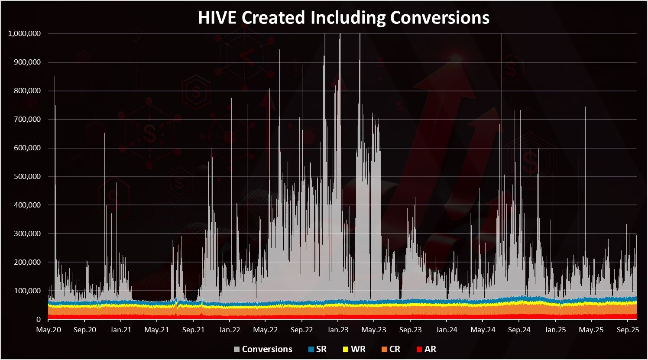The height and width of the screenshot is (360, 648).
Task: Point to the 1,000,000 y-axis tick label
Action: [x=24, y=34]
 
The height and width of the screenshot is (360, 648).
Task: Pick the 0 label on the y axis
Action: [x=39, y=320]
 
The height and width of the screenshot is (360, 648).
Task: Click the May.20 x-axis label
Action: [x=49, y=330]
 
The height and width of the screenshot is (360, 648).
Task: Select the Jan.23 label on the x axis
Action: [x=338, y=330]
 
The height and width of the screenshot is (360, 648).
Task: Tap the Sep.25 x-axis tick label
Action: [x=628, y=330]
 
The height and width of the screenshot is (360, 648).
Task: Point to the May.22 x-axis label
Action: [x=265, y=330]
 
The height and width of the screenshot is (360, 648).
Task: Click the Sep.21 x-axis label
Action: [x=193, y=330]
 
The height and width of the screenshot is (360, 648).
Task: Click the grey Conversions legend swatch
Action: [x=237, y=350]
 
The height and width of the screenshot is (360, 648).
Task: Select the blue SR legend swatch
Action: [x=311, y=350]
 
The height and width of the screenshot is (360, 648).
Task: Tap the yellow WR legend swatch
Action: [x=346, y=350]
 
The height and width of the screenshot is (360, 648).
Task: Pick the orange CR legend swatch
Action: [x=384, y=350]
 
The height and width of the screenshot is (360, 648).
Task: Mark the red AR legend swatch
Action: [x=419, y=350]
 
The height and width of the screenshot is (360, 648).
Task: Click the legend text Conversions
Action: [x=267, y=349]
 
